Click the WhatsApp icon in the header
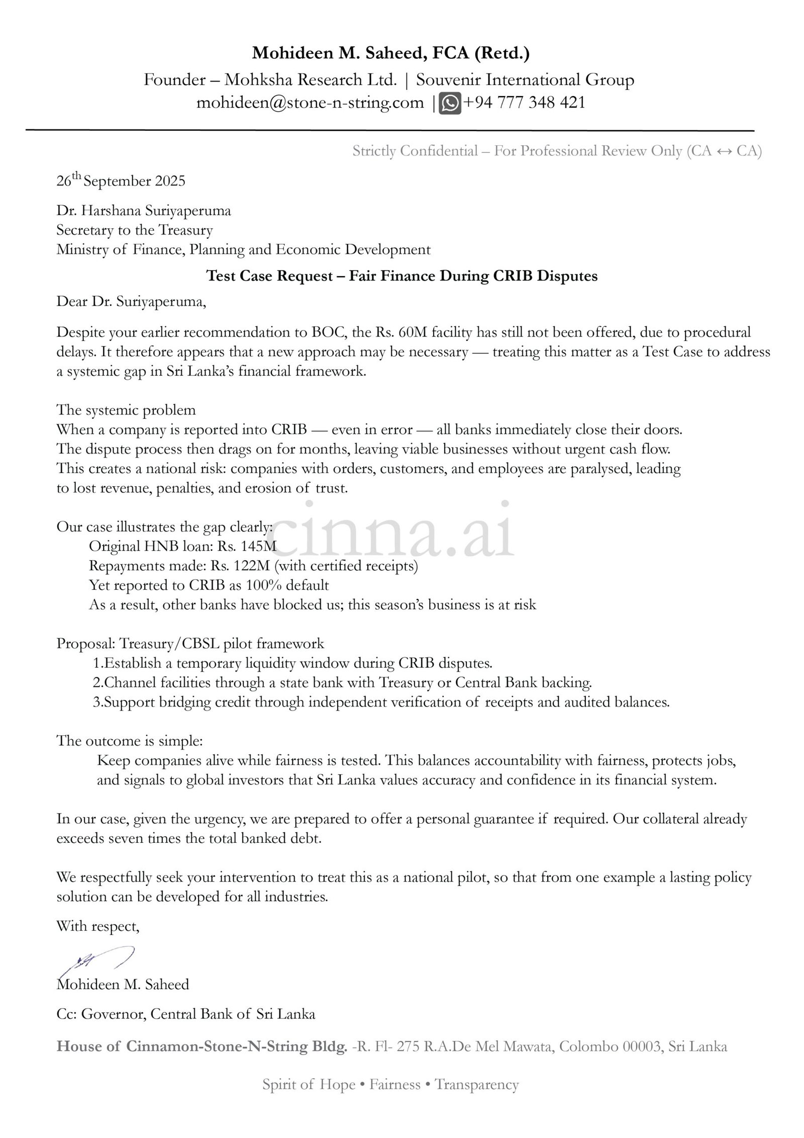(450, 104)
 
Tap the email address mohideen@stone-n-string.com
(310, 103)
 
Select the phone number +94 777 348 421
(524, 103)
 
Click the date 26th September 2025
(121, 181)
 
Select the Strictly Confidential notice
(557, 151)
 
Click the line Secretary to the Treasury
(135, 230)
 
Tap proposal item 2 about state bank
(342, 683)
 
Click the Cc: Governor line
(186, 1014)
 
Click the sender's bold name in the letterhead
(390, 53)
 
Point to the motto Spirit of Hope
(309, 1085)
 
